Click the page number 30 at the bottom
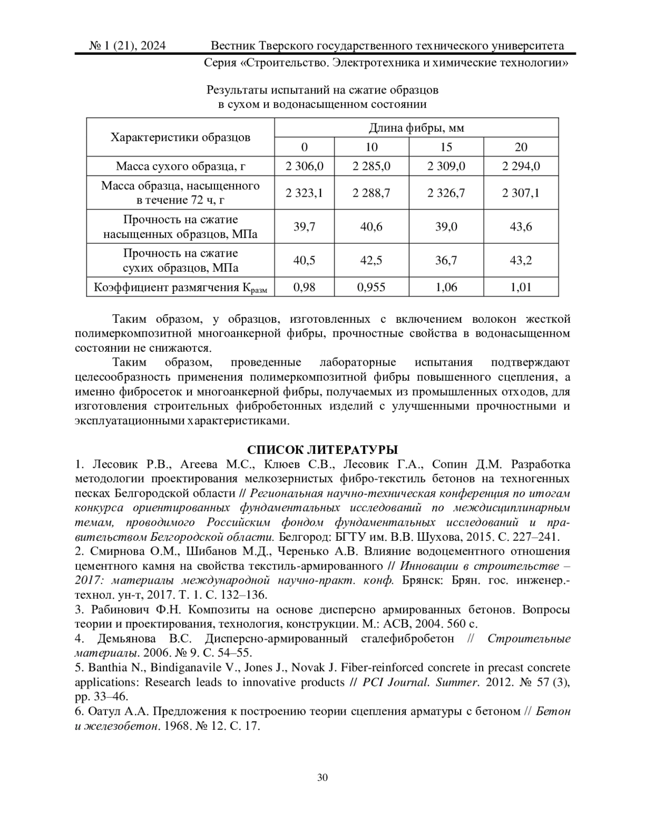click(x=322, y=778)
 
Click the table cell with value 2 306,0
click(x=304, y=166)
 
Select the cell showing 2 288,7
click(x=371, y=193)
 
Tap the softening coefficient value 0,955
click(x=371, y=287)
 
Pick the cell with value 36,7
click(x=446, y=260)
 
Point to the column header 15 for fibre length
click(x=446, y=147)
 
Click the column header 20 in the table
click(x=521, y=147)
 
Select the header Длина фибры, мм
click(x=417, y=128)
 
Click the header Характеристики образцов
click(x=181, y=137)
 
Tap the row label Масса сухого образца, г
click(x=181, y=166)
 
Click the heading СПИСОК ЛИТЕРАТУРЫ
click(x=322, y=449)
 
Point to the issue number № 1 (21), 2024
click(x=127, y=46)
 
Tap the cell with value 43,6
click(x=521, y=227)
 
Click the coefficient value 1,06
click(x=446, y=287)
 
